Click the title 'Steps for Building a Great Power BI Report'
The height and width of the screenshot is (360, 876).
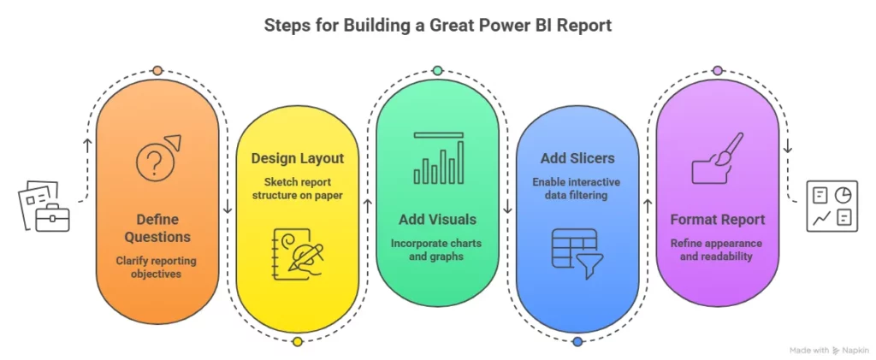437,26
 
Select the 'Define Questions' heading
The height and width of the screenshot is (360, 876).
157,228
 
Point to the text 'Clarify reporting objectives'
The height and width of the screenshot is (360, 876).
157,266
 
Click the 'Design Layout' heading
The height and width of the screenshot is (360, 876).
297,158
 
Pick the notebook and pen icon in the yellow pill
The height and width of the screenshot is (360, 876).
297,250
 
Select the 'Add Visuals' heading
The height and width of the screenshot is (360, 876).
436,220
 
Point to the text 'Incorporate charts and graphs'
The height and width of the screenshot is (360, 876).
436,250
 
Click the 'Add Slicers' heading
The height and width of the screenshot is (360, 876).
577,158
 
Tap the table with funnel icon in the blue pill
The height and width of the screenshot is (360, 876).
577,250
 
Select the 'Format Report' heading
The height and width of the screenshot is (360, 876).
717,220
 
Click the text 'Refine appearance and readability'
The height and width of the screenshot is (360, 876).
717,250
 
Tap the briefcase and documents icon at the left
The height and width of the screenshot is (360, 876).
44,205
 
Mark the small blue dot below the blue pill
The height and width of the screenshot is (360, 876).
577,342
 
